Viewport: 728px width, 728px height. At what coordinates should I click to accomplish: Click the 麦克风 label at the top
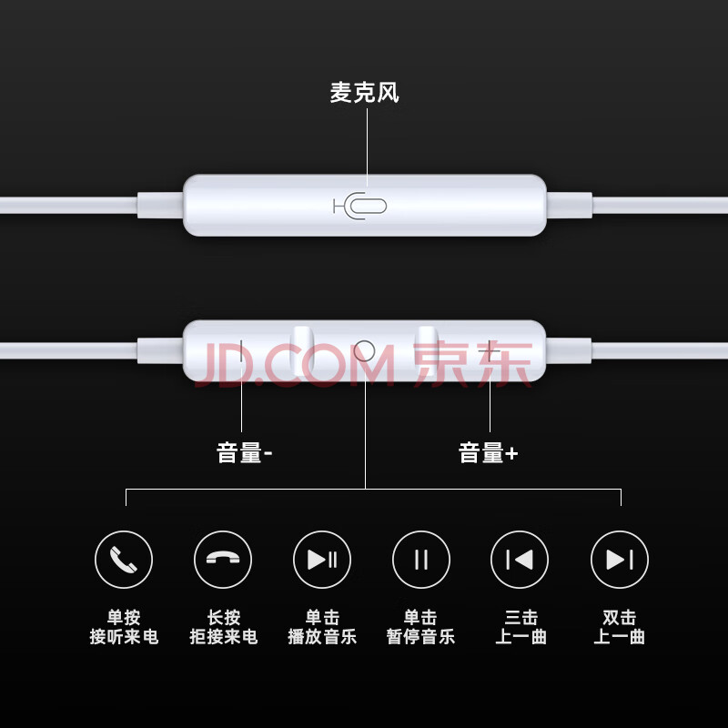pos(365,93)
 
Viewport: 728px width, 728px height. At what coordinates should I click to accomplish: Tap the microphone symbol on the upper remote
pos(359,206)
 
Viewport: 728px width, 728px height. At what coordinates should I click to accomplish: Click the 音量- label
pos(244,452)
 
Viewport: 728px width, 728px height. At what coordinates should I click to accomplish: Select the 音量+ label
pos(488,452)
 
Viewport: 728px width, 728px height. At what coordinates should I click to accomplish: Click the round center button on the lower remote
pos(364,351)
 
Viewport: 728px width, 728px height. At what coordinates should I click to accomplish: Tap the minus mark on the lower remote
pos(241,351)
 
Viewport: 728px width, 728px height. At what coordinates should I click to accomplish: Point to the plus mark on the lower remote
pos(490,351)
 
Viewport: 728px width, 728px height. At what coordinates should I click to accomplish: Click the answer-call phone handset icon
pos(124,560)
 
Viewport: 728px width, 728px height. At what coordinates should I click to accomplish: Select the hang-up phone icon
pos(223,560)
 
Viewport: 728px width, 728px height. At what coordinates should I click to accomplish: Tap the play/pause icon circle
pos(322,560)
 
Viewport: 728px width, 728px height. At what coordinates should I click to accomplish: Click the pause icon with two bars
pos(421,560)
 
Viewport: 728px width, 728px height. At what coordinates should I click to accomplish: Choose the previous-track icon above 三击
pos(520,560)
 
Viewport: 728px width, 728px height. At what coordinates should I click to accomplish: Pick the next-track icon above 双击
pos(620,560)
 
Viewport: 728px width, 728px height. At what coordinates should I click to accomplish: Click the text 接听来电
pos(124,636)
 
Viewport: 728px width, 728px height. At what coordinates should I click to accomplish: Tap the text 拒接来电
pos(223,636)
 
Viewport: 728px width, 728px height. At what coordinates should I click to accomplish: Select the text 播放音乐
pos(322,636)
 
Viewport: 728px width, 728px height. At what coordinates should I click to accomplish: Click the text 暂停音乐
pos(420,636)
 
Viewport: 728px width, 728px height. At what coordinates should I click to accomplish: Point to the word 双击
pos(620,618)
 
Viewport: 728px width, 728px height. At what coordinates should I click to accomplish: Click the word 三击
pos(521,618)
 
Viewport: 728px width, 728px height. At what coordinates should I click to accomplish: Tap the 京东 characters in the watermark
pos(472,363)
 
